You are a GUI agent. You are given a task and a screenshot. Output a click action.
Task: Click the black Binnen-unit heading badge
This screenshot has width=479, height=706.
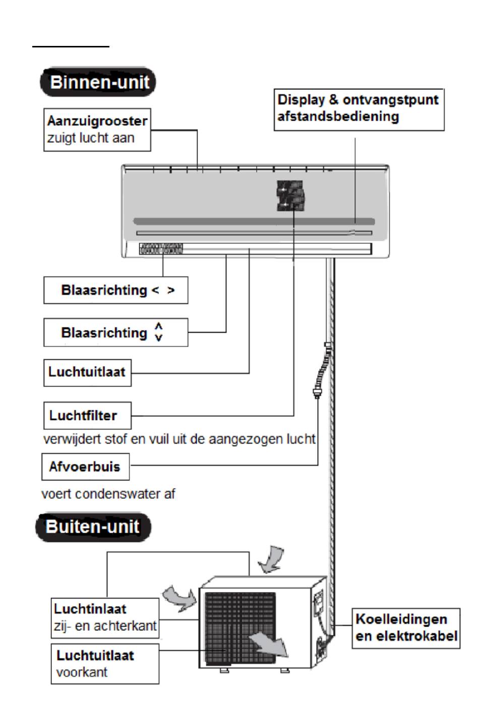pos(98,82)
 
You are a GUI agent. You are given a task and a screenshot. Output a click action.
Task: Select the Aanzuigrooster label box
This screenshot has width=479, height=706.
pos(97,130)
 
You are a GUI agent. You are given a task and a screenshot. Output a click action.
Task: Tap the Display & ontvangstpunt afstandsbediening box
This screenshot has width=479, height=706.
pos(359,110)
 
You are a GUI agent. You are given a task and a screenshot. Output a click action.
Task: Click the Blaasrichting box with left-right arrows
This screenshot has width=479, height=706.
pos(116,290)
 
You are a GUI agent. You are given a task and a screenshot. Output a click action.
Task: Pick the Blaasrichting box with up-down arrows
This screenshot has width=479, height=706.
pos(116,333)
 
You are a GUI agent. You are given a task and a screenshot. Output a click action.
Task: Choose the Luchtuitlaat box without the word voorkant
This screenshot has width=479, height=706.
pos(88,373)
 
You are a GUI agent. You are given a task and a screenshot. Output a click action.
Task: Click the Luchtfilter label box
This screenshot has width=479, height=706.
pos(88,415)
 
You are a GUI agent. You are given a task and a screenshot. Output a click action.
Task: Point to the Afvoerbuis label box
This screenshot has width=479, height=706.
pos(86,467)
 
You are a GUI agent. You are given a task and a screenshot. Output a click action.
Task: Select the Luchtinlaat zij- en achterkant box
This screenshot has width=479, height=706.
pos(105,618)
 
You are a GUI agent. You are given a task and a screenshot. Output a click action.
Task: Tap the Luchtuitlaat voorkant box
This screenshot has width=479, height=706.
pos(105,664)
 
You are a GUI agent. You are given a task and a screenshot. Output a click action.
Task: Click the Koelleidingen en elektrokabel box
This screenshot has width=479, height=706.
pos(406,628)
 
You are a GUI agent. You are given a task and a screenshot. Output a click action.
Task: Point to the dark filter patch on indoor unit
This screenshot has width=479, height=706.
pos(290,195)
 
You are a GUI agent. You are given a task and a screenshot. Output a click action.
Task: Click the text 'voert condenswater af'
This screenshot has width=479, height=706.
pos(108,494)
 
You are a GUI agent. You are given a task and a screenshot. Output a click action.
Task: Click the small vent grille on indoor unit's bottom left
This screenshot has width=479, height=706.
pos(161,249)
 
